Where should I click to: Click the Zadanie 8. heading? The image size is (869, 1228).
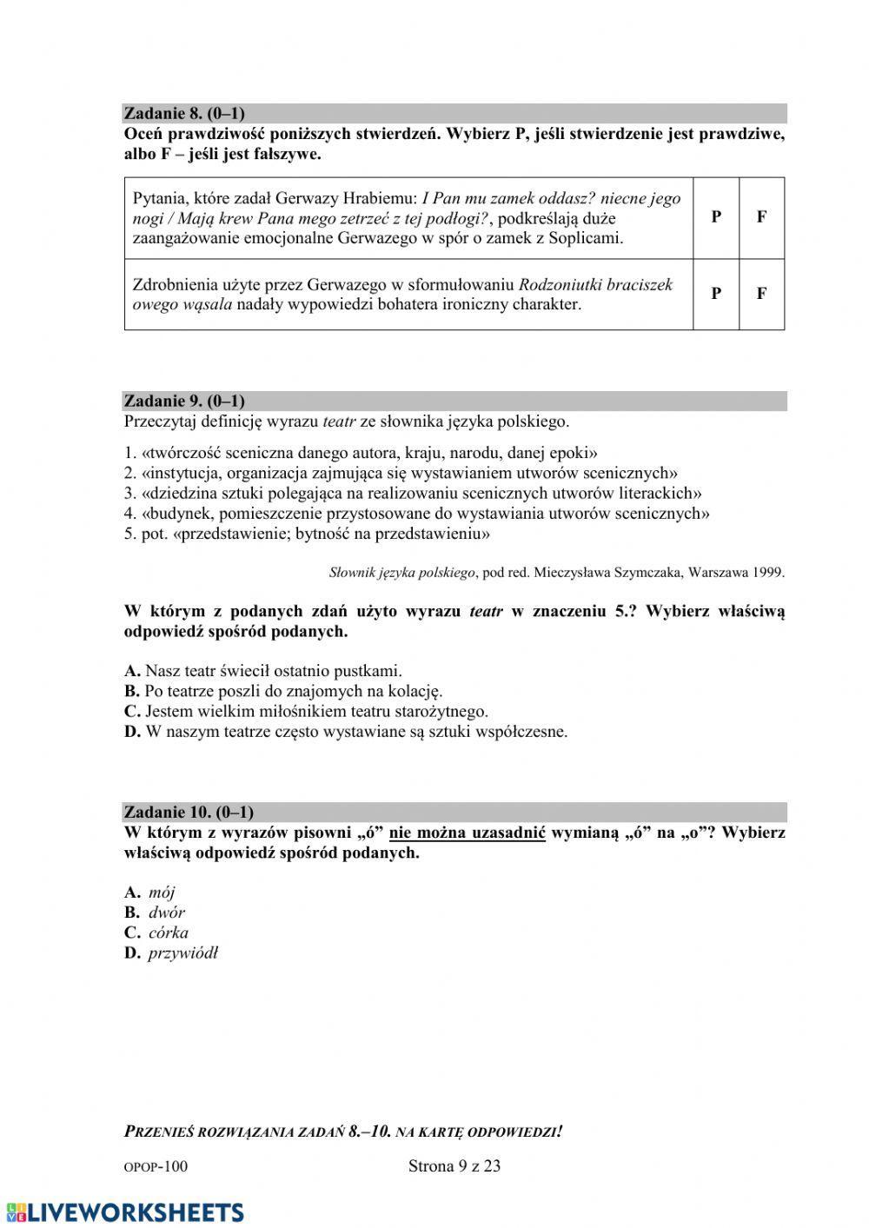(184, 113)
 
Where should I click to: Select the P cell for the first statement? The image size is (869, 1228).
(716, 217)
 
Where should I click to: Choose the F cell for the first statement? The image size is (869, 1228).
(761, 217)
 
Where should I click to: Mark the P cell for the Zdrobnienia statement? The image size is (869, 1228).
(716, 294)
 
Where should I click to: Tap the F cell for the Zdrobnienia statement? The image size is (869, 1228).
(761, 294)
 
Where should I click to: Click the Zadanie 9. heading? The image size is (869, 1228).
(184, 401)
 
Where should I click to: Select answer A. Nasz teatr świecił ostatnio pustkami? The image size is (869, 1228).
(263, 671)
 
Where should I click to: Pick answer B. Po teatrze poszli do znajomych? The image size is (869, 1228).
(283, 691)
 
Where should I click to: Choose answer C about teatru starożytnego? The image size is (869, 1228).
(306, 711)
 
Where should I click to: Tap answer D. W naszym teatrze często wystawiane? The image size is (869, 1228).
(346, 732)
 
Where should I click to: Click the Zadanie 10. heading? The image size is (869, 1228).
(189, 812)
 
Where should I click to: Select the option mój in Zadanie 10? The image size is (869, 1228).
(161, 892)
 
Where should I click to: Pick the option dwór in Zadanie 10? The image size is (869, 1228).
(165, 912)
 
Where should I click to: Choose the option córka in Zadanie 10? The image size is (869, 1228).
(167, 933)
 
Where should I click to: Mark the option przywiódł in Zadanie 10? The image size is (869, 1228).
(182, 953)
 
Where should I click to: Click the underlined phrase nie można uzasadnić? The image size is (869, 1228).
(467, 833)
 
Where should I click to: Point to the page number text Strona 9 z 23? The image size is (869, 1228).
(454, 1166)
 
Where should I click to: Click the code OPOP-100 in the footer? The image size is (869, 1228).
(156, 1167)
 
